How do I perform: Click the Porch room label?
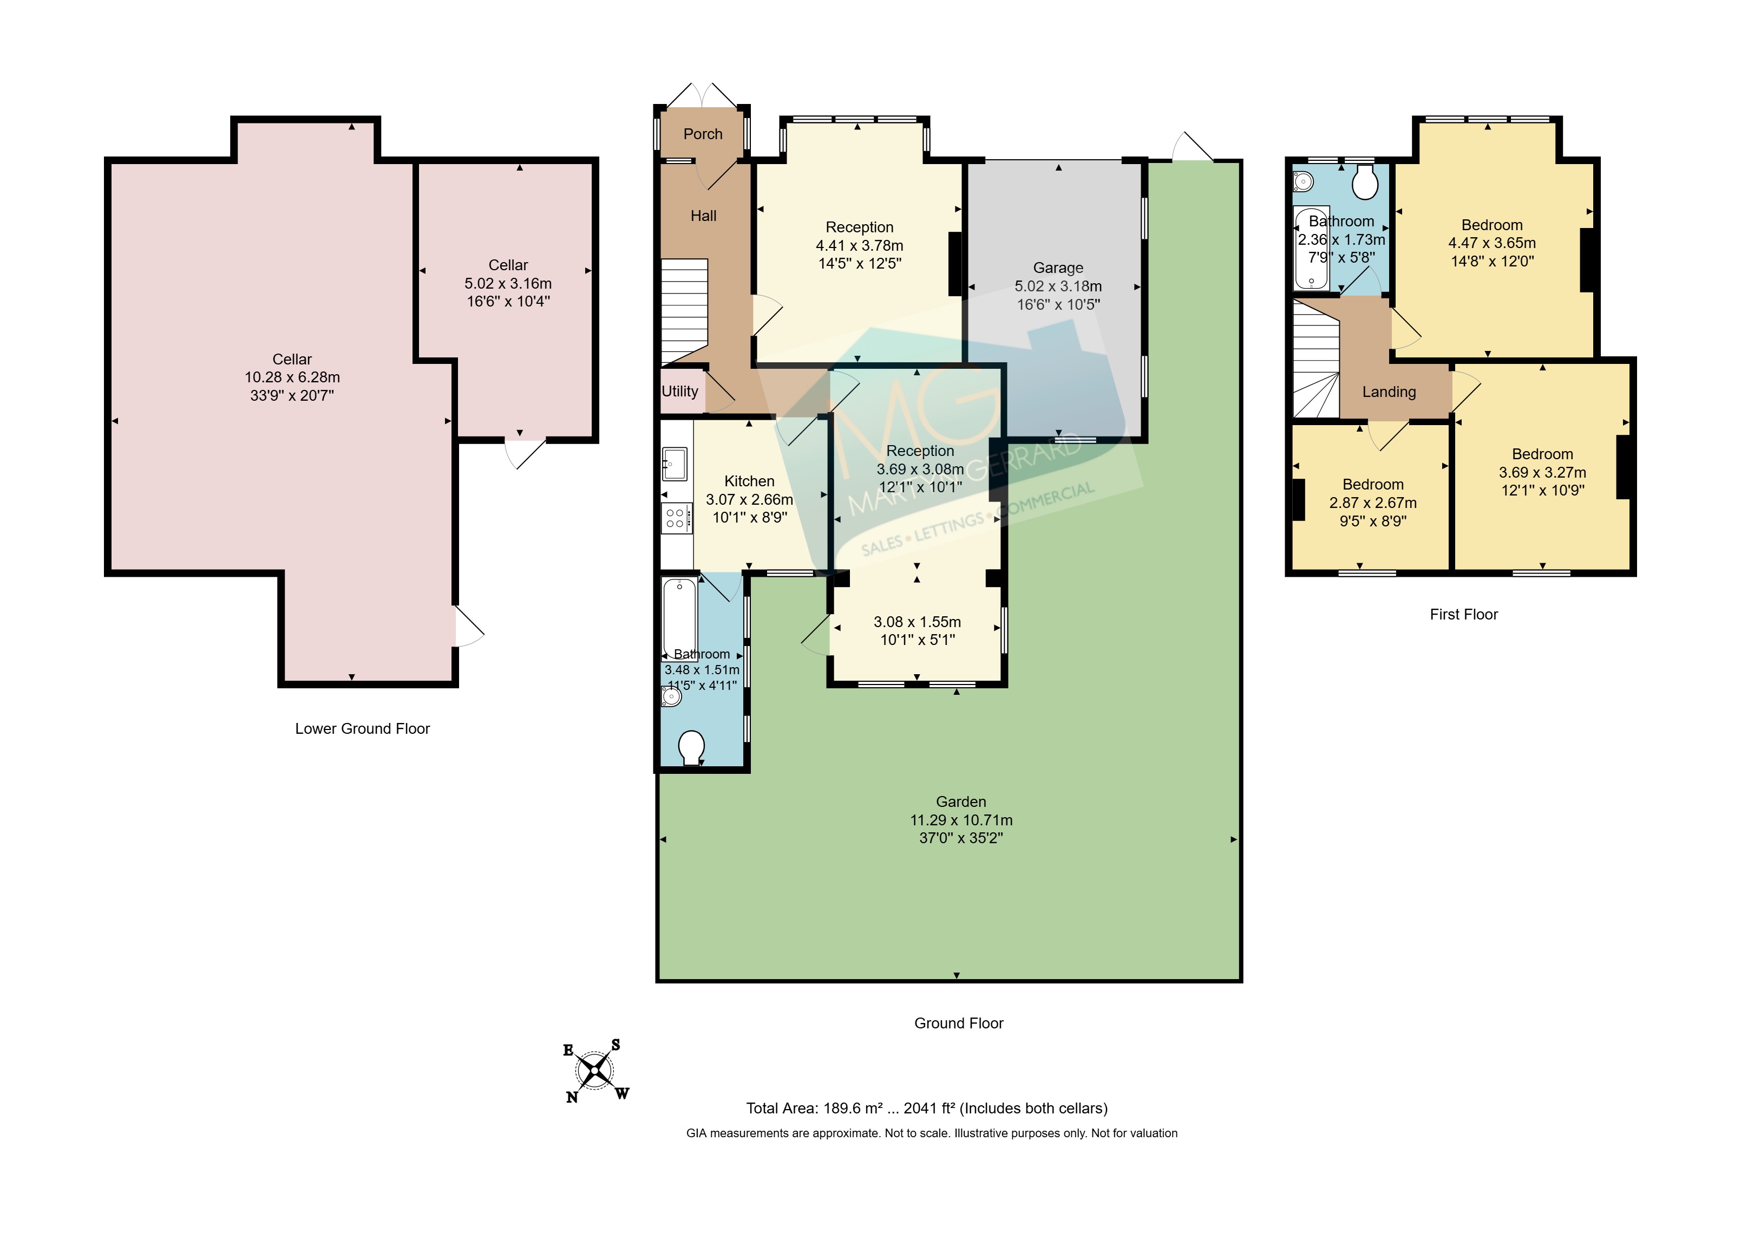pyautogui.click(x=703, y=134)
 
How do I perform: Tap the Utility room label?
pyautogui.click(x=680, y=391)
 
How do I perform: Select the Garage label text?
pyautogui.click(x=1058, y=268)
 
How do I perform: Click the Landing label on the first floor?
pyautogui.click(x=1389, y=392)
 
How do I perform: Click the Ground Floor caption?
pyautogui.click(x=959, y=1022)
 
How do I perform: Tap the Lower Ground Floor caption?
pyautogui.click(x=363, y=728)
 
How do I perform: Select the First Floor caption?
pyautogui.click(x=1464, y=614)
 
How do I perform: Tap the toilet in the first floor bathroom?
pyautogui.click(x=1365, y=182)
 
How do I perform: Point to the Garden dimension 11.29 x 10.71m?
pyautogui.click(x=961, y=819)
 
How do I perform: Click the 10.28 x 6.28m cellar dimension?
pyautogui.click(x=292, y=377)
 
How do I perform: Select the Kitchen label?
pyautogui.click(x=749, y=481)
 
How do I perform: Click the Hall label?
pyautogui.click(x=703, y=216)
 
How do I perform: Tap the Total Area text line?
pyautogui.click(x=927, y=1108)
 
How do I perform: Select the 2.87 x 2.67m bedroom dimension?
pyautogui.click(x=1373, y=503)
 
